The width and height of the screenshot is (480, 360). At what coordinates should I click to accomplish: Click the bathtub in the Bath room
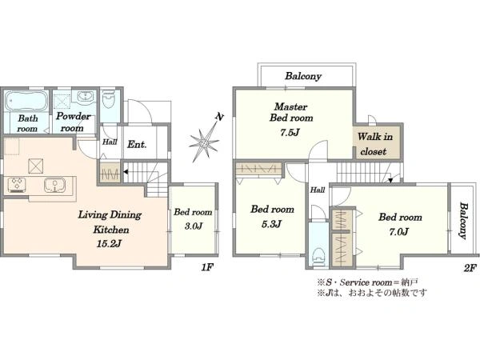coord(27,101)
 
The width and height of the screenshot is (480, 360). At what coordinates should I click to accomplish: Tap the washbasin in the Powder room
coord(85,97)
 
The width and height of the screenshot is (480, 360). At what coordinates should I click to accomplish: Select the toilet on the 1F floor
coord(108,99)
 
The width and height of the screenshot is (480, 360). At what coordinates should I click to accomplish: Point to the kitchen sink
coord(54,186)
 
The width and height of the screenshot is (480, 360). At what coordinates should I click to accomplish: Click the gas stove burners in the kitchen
coord(17,185)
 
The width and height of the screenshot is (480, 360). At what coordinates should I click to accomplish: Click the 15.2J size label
coord(110,244)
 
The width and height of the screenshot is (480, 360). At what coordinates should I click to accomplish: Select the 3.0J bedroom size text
coord(193,226)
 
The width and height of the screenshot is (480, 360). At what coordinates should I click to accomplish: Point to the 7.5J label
coord(290,132)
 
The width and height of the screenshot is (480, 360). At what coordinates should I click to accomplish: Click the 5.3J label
coord(271,224)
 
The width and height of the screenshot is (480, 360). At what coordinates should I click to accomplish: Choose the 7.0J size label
coord(398,232)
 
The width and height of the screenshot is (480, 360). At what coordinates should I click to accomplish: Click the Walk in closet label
coord(374,144)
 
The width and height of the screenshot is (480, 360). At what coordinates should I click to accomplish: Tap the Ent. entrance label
coord(137,144)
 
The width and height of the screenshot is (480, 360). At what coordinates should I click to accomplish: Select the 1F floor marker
coord(207,267)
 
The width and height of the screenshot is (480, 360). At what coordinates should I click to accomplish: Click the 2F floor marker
coord(470,268)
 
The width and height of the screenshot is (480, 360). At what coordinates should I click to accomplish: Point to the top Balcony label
coord(303,76)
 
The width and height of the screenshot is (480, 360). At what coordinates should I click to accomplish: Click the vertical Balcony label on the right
coord(463,221)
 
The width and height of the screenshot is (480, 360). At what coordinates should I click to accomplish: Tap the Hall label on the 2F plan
coord(318,190)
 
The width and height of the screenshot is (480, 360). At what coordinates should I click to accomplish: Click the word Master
coord(291,107)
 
